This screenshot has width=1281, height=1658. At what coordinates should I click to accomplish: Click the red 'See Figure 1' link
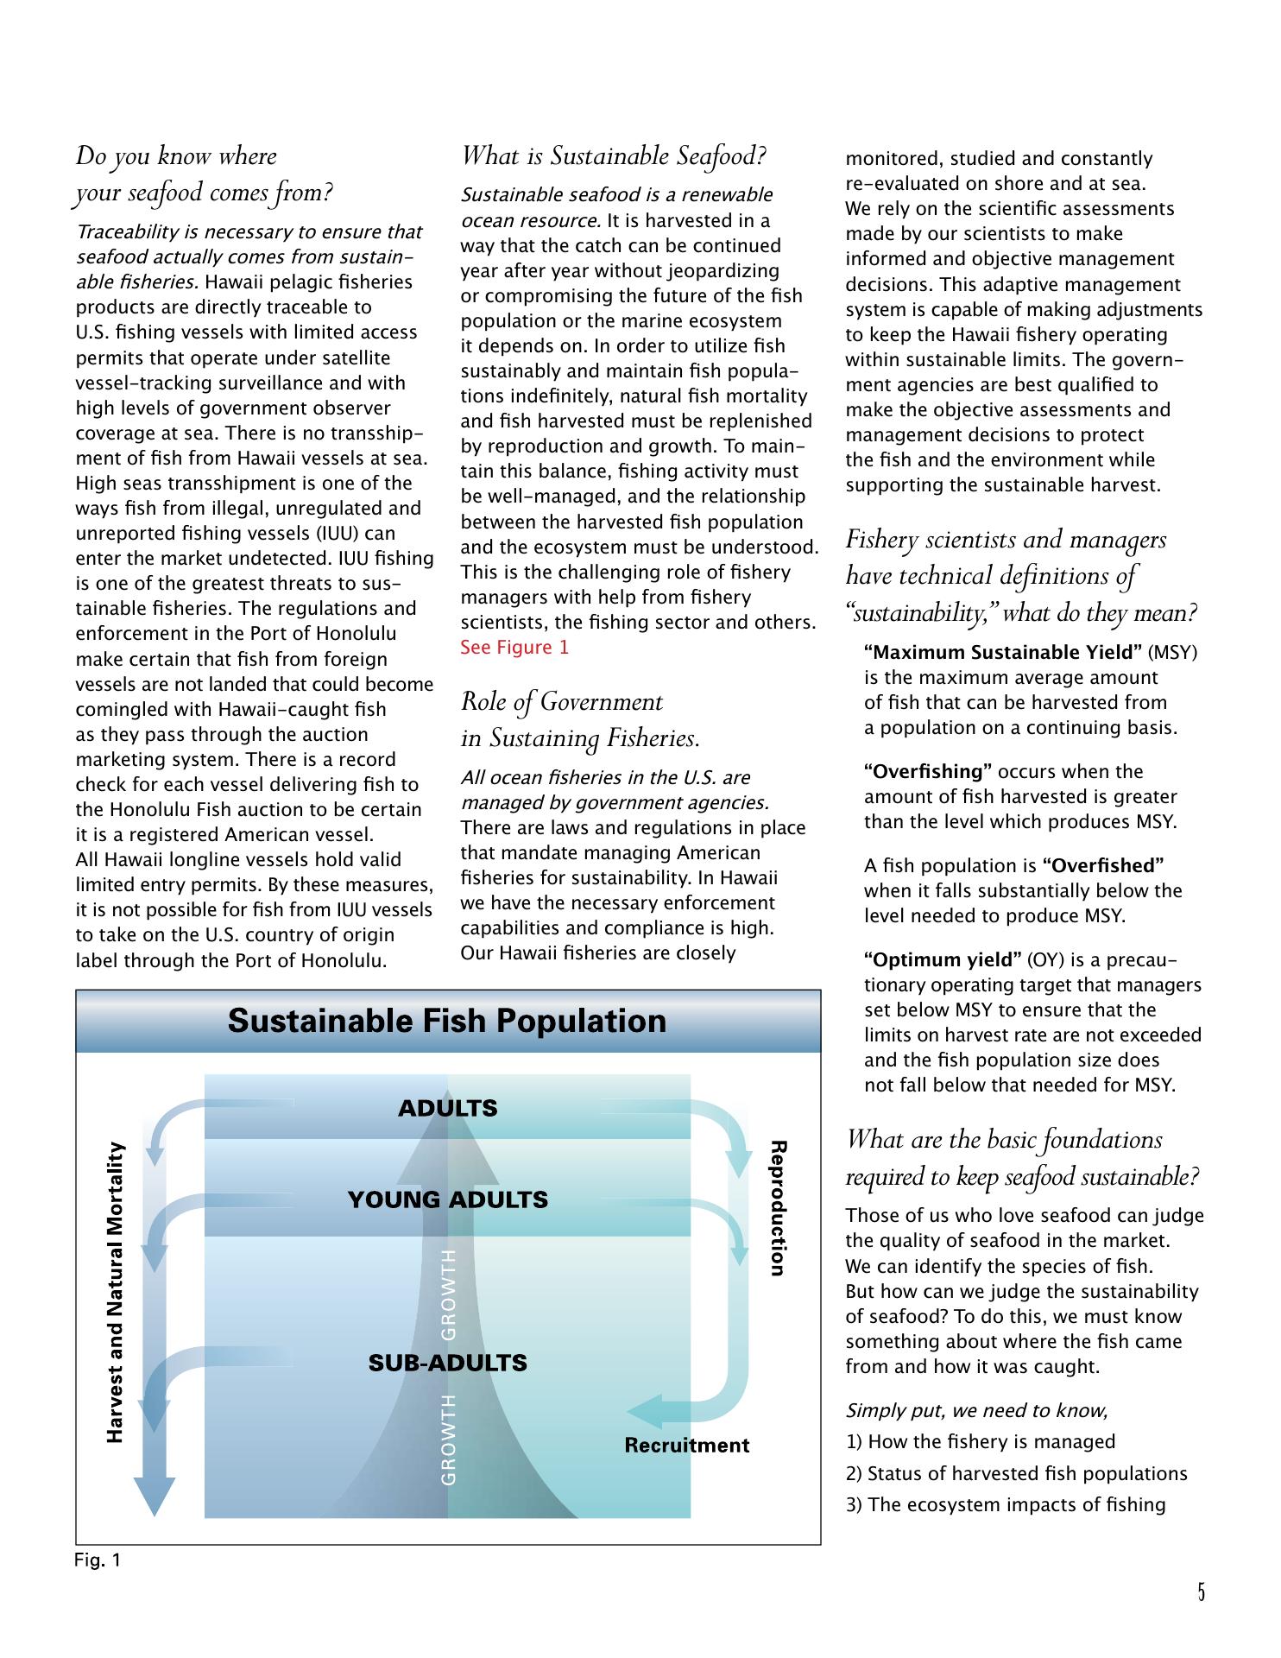click(514, 648)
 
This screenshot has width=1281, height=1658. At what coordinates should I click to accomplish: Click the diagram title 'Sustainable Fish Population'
click(447, 1021)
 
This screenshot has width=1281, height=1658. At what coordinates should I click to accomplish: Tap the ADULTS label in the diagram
click(447, 1108)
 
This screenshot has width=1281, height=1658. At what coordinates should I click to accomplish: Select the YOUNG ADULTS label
click(447, 1199)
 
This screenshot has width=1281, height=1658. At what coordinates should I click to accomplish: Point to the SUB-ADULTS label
click(447, 1363)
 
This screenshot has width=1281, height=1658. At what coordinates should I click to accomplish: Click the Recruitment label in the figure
click(686, 1446)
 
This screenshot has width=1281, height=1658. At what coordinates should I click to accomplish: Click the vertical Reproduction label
click(778, 1208)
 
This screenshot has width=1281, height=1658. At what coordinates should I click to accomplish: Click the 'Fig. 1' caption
click(98, 1560)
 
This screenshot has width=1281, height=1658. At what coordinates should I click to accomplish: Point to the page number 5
click(1201, 1592)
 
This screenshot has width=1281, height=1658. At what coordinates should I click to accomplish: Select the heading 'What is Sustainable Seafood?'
click(614, 156)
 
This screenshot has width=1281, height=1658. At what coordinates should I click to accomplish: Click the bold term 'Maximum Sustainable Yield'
click(1003, 652)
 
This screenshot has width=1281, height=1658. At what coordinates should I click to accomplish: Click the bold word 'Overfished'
click(1103, 865)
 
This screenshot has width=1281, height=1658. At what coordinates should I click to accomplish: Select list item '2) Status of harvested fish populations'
click(1016, 1474)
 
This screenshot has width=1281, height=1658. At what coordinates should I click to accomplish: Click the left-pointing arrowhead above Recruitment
click(643, 1412)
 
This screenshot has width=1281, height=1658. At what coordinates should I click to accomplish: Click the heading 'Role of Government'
click(562, 702)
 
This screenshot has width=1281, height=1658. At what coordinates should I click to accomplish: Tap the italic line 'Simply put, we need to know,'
click(976, 1410)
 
